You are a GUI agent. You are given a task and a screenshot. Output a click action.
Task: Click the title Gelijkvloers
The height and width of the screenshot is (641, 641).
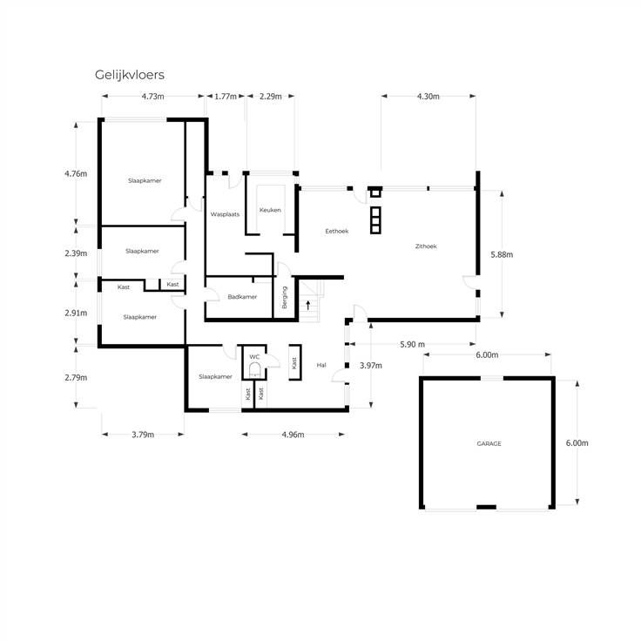pos(130,75)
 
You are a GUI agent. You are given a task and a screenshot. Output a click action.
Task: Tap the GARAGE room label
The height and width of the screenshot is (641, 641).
pos(489,443)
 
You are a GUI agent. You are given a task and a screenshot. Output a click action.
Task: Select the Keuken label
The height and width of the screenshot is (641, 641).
pos(270,210)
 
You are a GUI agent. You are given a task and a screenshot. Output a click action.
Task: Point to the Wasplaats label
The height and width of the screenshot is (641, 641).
pos(225,214)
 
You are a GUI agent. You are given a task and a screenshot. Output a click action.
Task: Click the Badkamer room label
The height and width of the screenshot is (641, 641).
pos(242,297)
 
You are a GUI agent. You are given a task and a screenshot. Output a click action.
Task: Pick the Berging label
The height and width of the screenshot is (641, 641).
pos(285,297)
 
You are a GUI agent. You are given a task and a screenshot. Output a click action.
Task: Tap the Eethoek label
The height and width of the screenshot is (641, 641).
pos(337,232)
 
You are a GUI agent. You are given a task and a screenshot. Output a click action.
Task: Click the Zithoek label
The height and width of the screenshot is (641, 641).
pos(426,246)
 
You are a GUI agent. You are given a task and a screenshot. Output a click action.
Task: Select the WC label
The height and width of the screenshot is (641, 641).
pos(254,357)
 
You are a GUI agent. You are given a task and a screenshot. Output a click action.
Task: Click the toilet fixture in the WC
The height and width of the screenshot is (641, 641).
pos(254,369)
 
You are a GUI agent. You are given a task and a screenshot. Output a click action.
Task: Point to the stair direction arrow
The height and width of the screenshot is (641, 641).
pos(307,305)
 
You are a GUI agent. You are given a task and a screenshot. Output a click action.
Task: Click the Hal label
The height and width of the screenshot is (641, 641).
pos(321,365)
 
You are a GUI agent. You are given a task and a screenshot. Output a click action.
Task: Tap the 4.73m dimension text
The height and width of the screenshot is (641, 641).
pos(153,97)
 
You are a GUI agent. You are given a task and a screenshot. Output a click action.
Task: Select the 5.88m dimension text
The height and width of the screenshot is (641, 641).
pos(502,254)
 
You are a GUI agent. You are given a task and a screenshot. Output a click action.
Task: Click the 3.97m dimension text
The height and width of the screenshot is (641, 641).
pos(371,366)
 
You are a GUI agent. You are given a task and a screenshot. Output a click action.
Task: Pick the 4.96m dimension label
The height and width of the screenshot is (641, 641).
pos(294,435)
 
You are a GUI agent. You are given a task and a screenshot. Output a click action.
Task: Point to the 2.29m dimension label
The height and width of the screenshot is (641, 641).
pos(271,97)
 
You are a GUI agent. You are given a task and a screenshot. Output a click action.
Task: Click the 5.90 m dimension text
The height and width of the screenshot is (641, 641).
pos(413,345)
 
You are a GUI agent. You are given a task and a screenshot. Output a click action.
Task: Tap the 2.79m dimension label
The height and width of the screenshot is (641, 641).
pos(76,378)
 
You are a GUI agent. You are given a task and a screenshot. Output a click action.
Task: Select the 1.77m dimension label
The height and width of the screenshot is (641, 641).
pos(226,97)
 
